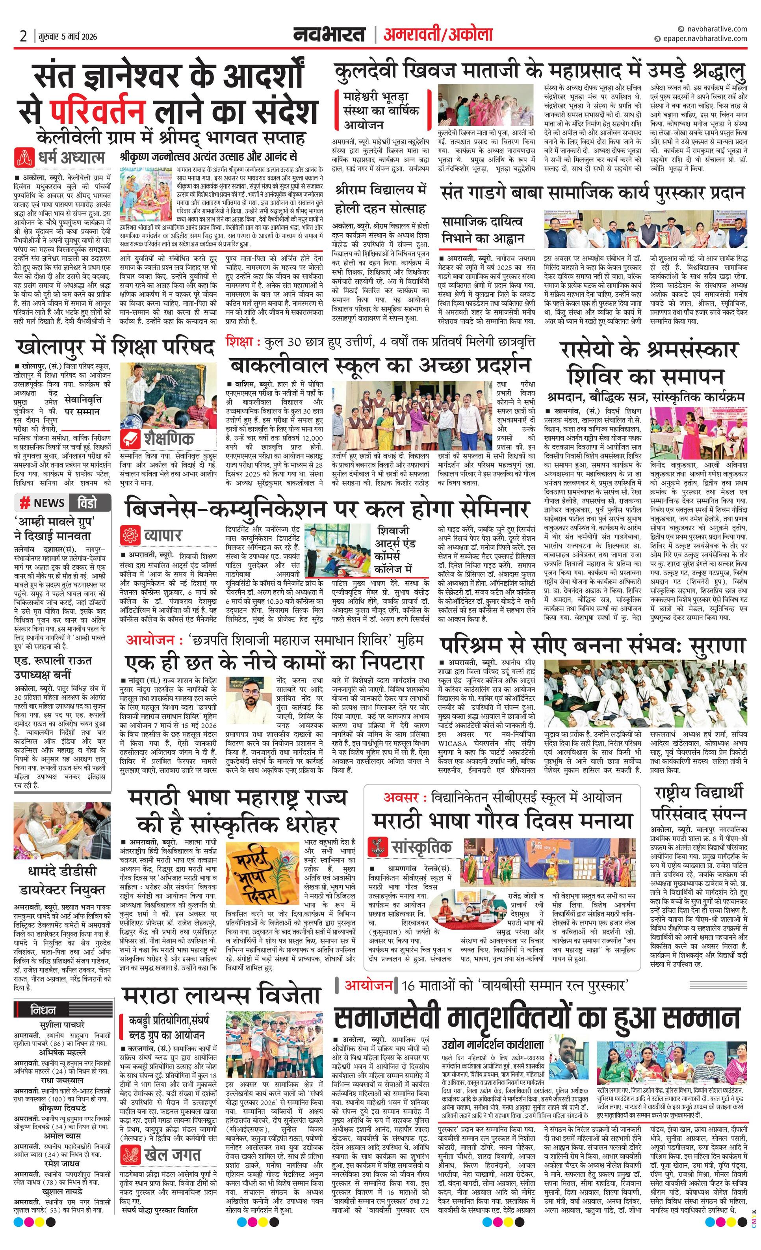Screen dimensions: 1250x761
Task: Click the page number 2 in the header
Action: [23, 36]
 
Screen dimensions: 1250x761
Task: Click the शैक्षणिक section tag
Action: [157, 438]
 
